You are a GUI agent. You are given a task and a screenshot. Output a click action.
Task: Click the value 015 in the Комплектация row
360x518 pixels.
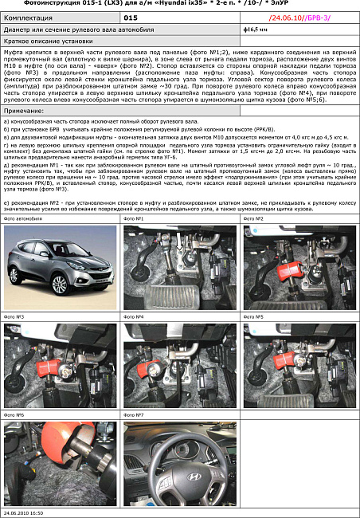tap(131, 16)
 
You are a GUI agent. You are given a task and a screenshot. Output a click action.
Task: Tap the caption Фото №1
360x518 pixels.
tap(134, 218)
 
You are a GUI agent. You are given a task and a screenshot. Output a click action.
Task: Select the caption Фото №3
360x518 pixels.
tap(14, 316)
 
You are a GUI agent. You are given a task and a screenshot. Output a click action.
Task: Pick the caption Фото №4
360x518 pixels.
tap(134, 316)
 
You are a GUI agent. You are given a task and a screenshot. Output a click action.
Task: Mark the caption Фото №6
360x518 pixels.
tap(14, 415)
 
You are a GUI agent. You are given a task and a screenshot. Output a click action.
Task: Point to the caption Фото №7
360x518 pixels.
tap(134, 415)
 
